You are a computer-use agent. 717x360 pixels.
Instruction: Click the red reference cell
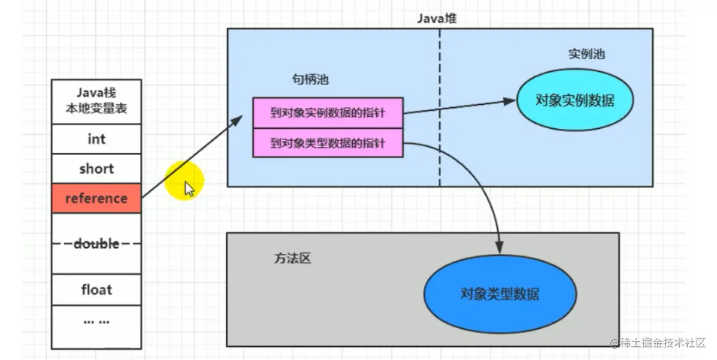click(x=96, y=198)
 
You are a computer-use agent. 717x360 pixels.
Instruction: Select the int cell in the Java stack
click(x=96, y=139)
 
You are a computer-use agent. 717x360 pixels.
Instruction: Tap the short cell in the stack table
click(x=96, y=169)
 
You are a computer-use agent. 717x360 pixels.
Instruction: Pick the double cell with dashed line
click(x=96, y=244)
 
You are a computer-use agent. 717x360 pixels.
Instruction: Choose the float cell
click(x=96, y=290)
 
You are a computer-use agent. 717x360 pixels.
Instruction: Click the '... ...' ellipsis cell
click(x=96, y=322)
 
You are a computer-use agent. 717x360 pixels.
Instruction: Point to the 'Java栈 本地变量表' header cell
click(x=96, y=101)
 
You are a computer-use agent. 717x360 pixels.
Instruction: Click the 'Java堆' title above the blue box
click(x=437, y=18)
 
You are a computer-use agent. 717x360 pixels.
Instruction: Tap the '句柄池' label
click(x=310, y=80)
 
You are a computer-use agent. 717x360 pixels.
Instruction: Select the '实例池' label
click(x=586, y=54)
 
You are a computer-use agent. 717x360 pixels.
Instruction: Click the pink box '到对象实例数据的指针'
click(x=328, y=113)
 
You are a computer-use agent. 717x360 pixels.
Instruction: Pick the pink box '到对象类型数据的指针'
click(x=328, y=143)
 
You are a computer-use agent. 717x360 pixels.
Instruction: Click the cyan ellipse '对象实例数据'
click(x=574, y=100)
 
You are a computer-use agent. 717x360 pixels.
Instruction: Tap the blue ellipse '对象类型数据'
click(x=500, y=294)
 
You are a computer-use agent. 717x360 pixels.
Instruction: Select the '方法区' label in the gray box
click(x=293, y=259)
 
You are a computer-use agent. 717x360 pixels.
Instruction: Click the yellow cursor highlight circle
click(x=185, y=180)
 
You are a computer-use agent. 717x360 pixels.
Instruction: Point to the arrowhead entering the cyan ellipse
click(x=510, y=101)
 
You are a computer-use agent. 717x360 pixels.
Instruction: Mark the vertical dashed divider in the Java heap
click(x=440, y=108)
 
